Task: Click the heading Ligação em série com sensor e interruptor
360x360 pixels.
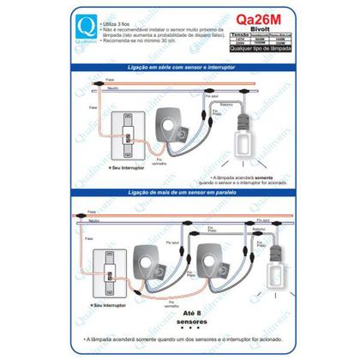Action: pos(179,66)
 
